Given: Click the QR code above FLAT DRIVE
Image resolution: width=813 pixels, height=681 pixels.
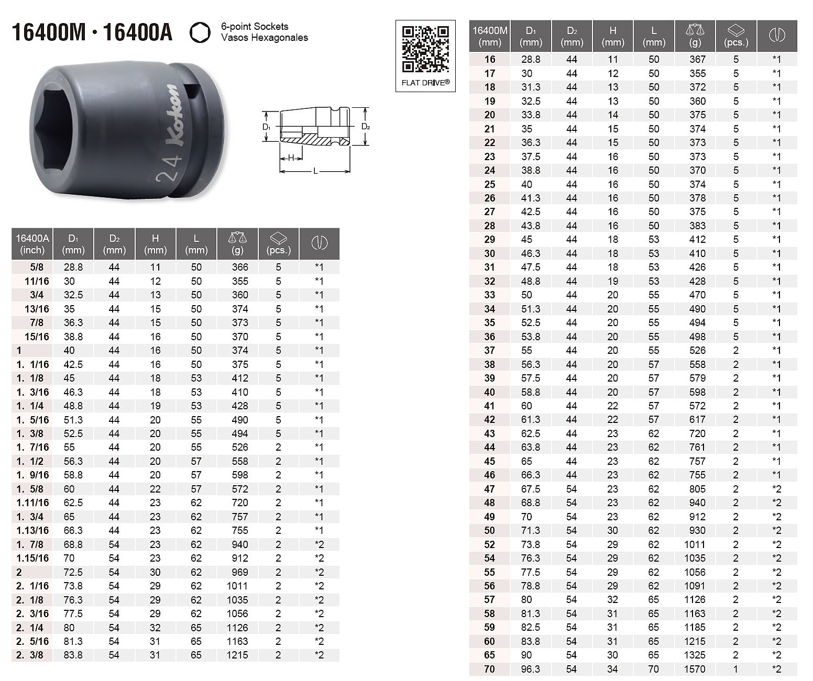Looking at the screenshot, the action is pyautogui.click(x=425, y=49).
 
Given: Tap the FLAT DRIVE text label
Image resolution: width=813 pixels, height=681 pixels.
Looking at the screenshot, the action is pyautogui.click(x=425, y=83).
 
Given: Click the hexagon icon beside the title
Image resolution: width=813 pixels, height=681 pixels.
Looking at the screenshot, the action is pyautogui.click(x=200, y=32).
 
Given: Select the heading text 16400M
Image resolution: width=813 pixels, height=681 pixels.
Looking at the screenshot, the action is pyautogui.click(x=49, y=32).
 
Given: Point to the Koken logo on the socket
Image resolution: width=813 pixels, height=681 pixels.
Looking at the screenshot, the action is pyautogui.click(x=174, y=116).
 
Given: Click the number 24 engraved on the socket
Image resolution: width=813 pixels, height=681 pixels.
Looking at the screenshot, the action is pyautogui.click(x=169, y=168).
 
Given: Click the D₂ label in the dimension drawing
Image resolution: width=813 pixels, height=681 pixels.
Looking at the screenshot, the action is pyautogui.click(x=366, y=127).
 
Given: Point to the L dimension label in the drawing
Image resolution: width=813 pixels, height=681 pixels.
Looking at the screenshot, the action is pyautogui.click(x=315, y=171).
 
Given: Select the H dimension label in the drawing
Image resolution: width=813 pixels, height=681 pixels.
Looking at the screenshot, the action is pyautogui.click(x=291, y=158).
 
